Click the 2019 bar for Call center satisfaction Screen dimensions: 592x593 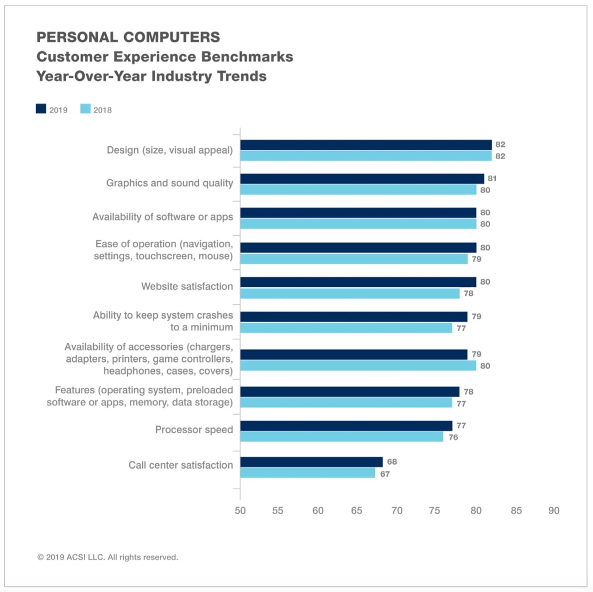311,462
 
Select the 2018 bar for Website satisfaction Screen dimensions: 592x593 350,293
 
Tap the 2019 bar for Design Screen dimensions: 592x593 366,145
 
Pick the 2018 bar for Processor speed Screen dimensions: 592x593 341,437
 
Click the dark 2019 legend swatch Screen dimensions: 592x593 41,109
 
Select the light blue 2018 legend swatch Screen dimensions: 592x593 85,109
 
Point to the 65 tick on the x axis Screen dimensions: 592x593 356,510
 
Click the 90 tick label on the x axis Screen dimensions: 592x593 554,510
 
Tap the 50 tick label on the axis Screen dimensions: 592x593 240,510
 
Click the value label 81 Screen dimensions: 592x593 492,178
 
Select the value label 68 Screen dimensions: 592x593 392,462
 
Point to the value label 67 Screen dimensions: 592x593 385,474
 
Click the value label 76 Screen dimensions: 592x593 453,437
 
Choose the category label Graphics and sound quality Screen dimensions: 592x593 170,183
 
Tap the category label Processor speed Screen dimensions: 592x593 194,430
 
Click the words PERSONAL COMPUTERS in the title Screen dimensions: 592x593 128,37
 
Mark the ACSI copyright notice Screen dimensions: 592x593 107,557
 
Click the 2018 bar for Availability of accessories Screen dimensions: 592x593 358,366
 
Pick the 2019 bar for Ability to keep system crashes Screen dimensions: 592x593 353,316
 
